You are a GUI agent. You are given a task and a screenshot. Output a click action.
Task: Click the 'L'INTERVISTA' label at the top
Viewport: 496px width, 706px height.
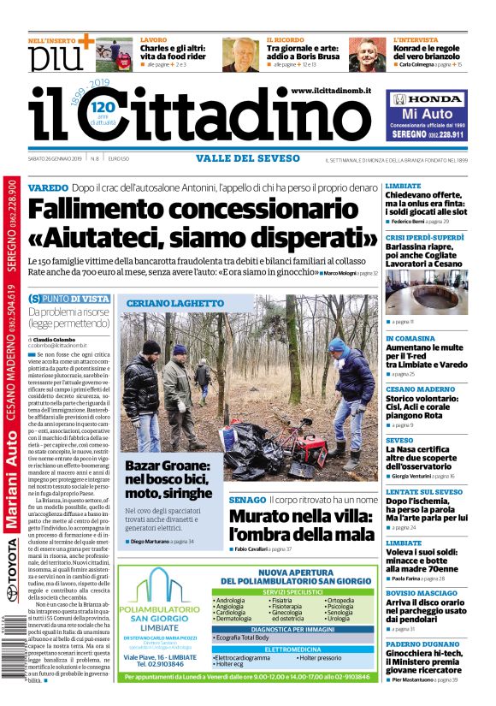415,40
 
